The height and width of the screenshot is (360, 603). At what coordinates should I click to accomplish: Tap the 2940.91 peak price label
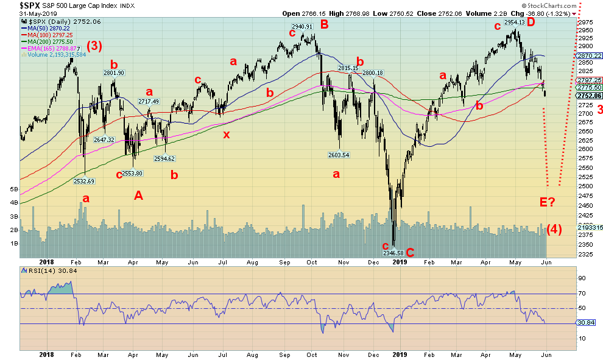click(x=302, y=27)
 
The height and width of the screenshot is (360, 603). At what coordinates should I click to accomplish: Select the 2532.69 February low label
click(x=85, y=181)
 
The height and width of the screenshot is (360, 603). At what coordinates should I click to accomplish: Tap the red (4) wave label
click(x=554, y=230)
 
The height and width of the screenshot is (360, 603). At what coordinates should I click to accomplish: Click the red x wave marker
click(x=227, y=135)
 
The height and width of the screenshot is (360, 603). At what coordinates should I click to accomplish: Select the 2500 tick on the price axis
click(x=586, y=186)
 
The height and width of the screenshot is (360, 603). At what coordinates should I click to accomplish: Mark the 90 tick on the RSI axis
click(x=581, y=278)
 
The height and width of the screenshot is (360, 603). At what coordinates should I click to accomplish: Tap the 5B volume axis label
click(x=13, y=189)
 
